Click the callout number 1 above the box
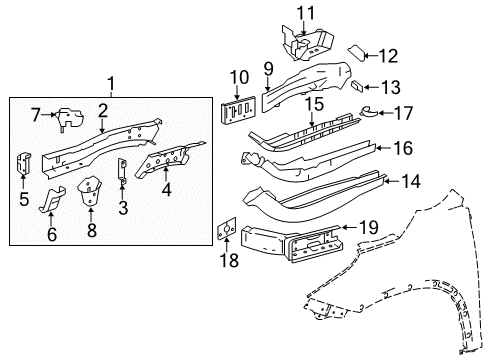point(112,83)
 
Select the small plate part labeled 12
point(356,54)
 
